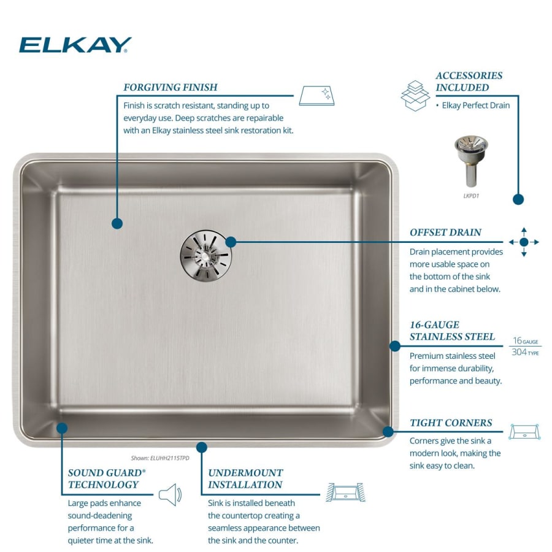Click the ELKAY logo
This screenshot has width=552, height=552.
pyautogui.click(x=75, y=45)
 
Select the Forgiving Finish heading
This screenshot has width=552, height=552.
pyautogui.click(x=171, y=87)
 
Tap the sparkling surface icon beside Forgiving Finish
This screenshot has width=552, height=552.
pyautogui.click(x=317, y=96)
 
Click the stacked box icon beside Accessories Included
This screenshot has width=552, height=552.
pyautogui.click(x=415, y=95)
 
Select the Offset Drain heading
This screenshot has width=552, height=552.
pyautogui.click(x=445, y=232)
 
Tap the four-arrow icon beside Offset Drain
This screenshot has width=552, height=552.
pyautogui.click(x=524, y=242)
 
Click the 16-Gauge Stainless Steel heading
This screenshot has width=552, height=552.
pyautogui.click(x=452, y=331)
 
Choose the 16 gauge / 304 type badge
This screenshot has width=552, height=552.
pyautogui.click(x=525, y=347)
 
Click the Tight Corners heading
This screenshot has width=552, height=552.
pyautogui.click(x=451, y=423)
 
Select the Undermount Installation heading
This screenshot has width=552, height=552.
pyautogui.click(x=245, y=478)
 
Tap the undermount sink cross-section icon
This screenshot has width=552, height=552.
pyautogui.click(x=346, y=492)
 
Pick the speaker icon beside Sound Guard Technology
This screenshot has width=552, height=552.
pyautogui.click(x=170, y=494)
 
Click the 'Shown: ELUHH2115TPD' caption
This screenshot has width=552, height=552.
pyautogui.click(x=160, y=458)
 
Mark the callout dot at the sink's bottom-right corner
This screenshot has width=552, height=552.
pyautogui.click(x=388, y=432)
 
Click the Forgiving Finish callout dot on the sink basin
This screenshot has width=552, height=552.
pyautogui.click(x=117, y=223)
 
